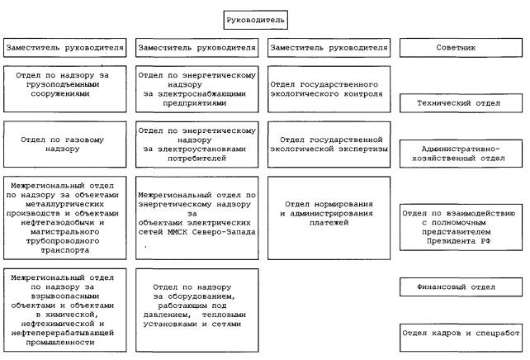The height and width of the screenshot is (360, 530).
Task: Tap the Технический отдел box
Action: pos(461,103)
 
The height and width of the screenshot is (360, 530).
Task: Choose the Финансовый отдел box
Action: pos(461,287)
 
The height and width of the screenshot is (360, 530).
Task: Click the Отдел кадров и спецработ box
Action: pos(461,333)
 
